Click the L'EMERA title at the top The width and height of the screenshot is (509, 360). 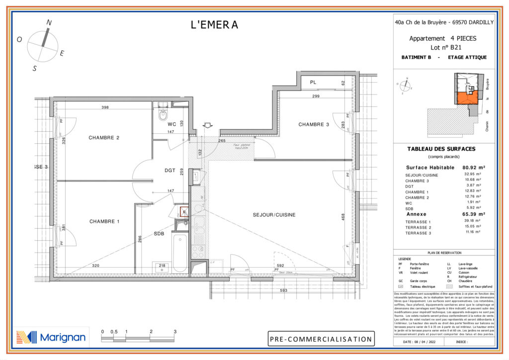pyautogui.click(x=214, y=25)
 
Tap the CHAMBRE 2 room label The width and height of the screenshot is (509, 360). pyautogui.click(x=104, y=138)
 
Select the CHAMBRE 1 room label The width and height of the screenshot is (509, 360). pyautogui.click(x=104, y=221)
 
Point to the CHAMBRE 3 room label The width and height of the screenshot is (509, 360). pyautogui.click(x=314, y=125)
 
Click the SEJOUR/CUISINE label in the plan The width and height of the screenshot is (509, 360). pyautogui.click(x=274, y=215)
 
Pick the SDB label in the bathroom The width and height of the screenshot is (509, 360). pyautogui.click(x=159, y=234)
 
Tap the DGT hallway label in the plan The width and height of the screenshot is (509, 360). pyautogui.click(x=170, y=171)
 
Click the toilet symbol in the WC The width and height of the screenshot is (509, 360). pyautogui.click(x=163, y=115)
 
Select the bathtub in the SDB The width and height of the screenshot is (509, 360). pyautogui.click(x=180, y=253)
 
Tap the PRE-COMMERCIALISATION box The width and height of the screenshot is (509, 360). pyautogui.click(x=321, y=340)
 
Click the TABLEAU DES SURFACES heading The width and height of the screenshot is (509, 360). pyautogui.click(x=441, y=149)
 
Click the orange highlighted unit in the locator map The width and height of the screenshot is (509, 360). pyautogui.click(x=466, y=98)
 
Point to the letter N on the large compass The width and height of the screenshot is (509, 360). pyautogui.click(x=49, y=22)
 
